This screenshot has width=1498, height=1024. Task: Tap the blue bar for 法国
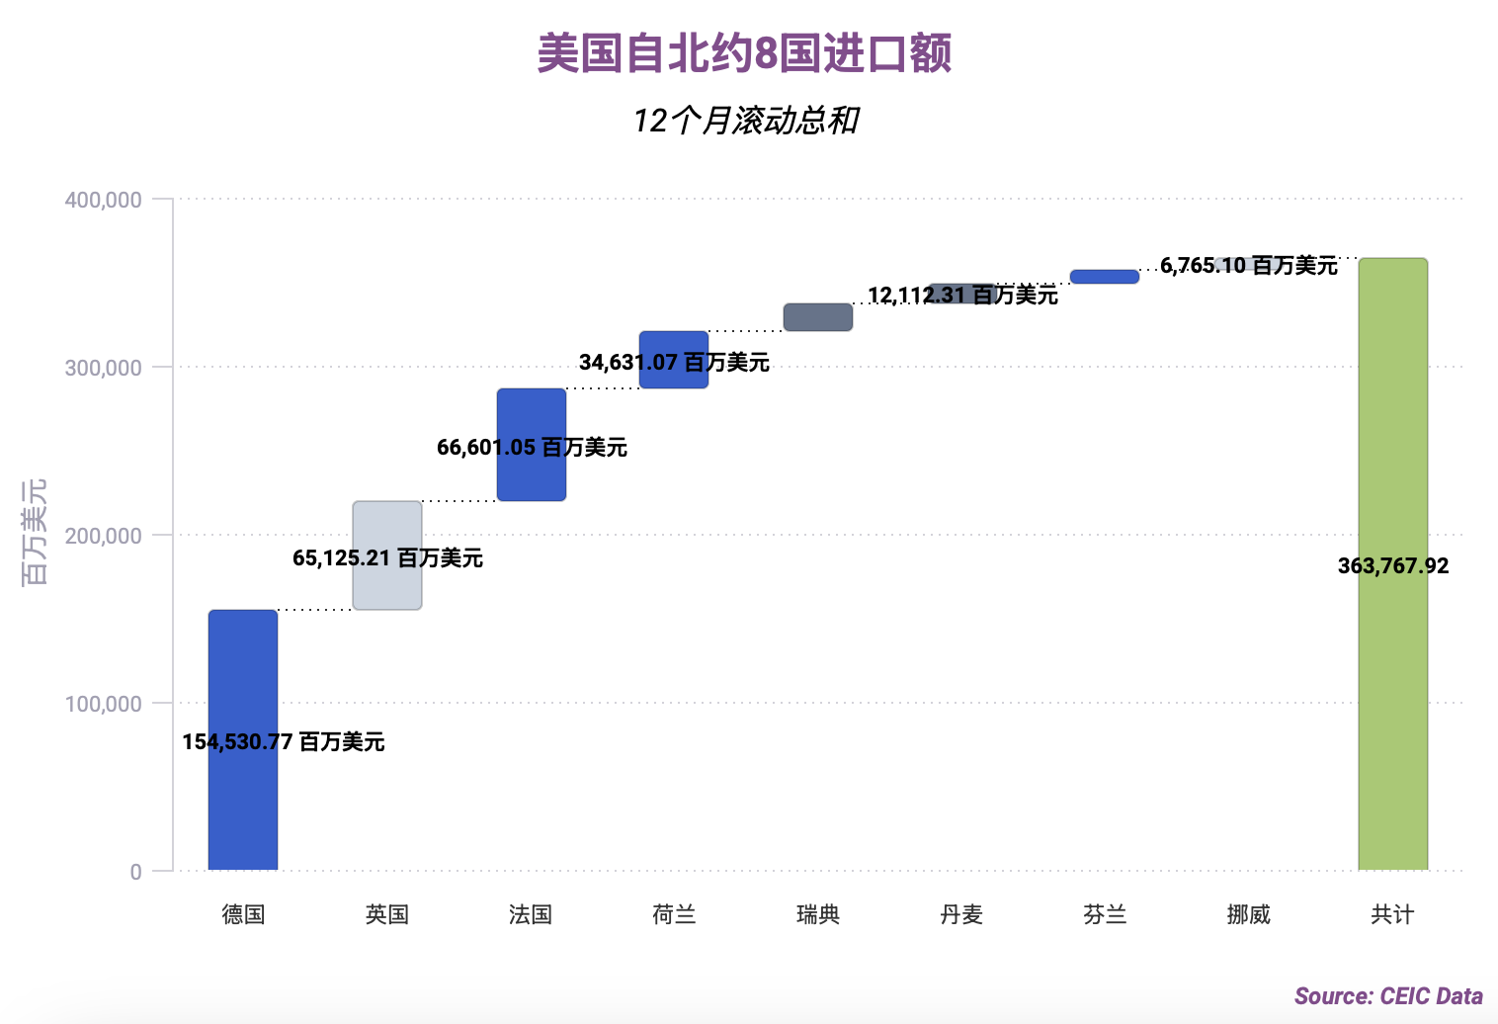[x=532, y=415]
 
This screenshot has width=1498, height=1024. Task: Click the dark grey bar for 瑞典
[x=818, y=317]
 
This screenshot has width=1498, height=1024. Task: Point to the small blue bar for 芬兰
[x=1105, y=277]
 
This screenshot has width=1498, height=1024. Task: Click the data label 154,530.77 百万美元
[x=284, y=742]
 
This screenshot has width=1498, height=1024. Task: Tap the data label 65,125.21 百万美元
[x=387, y=558]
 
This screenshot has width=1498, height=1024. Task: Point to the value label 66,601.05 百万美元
[x=532, y=448]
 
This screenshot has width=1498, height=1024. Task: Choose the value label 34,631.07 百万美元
[x=674, y=363]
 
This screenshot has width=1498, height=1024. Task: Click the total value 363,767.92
[x=1393, y=566]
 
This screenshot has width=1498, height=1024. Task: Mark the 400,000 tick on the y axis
[x=104, y=200]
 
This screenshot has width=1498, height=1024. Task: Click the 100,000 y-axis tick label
[x=104, y=704]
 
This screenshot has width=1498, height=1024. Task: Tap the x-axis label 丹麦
[x=961, y=915]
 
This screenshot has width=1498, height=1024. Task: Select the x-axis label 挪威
[x=1248, y=915]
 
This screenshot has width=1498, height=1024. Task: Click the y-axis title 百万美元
[x=36, y=532]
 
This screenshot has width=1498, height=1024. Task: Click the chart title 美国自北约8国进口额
[x=744, y=53]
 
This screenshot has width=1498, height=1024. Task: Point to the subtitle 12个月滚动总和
[x=746, y=121]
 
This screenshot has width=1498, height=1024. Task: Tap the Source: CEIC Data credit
[x=1388, y=996]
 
